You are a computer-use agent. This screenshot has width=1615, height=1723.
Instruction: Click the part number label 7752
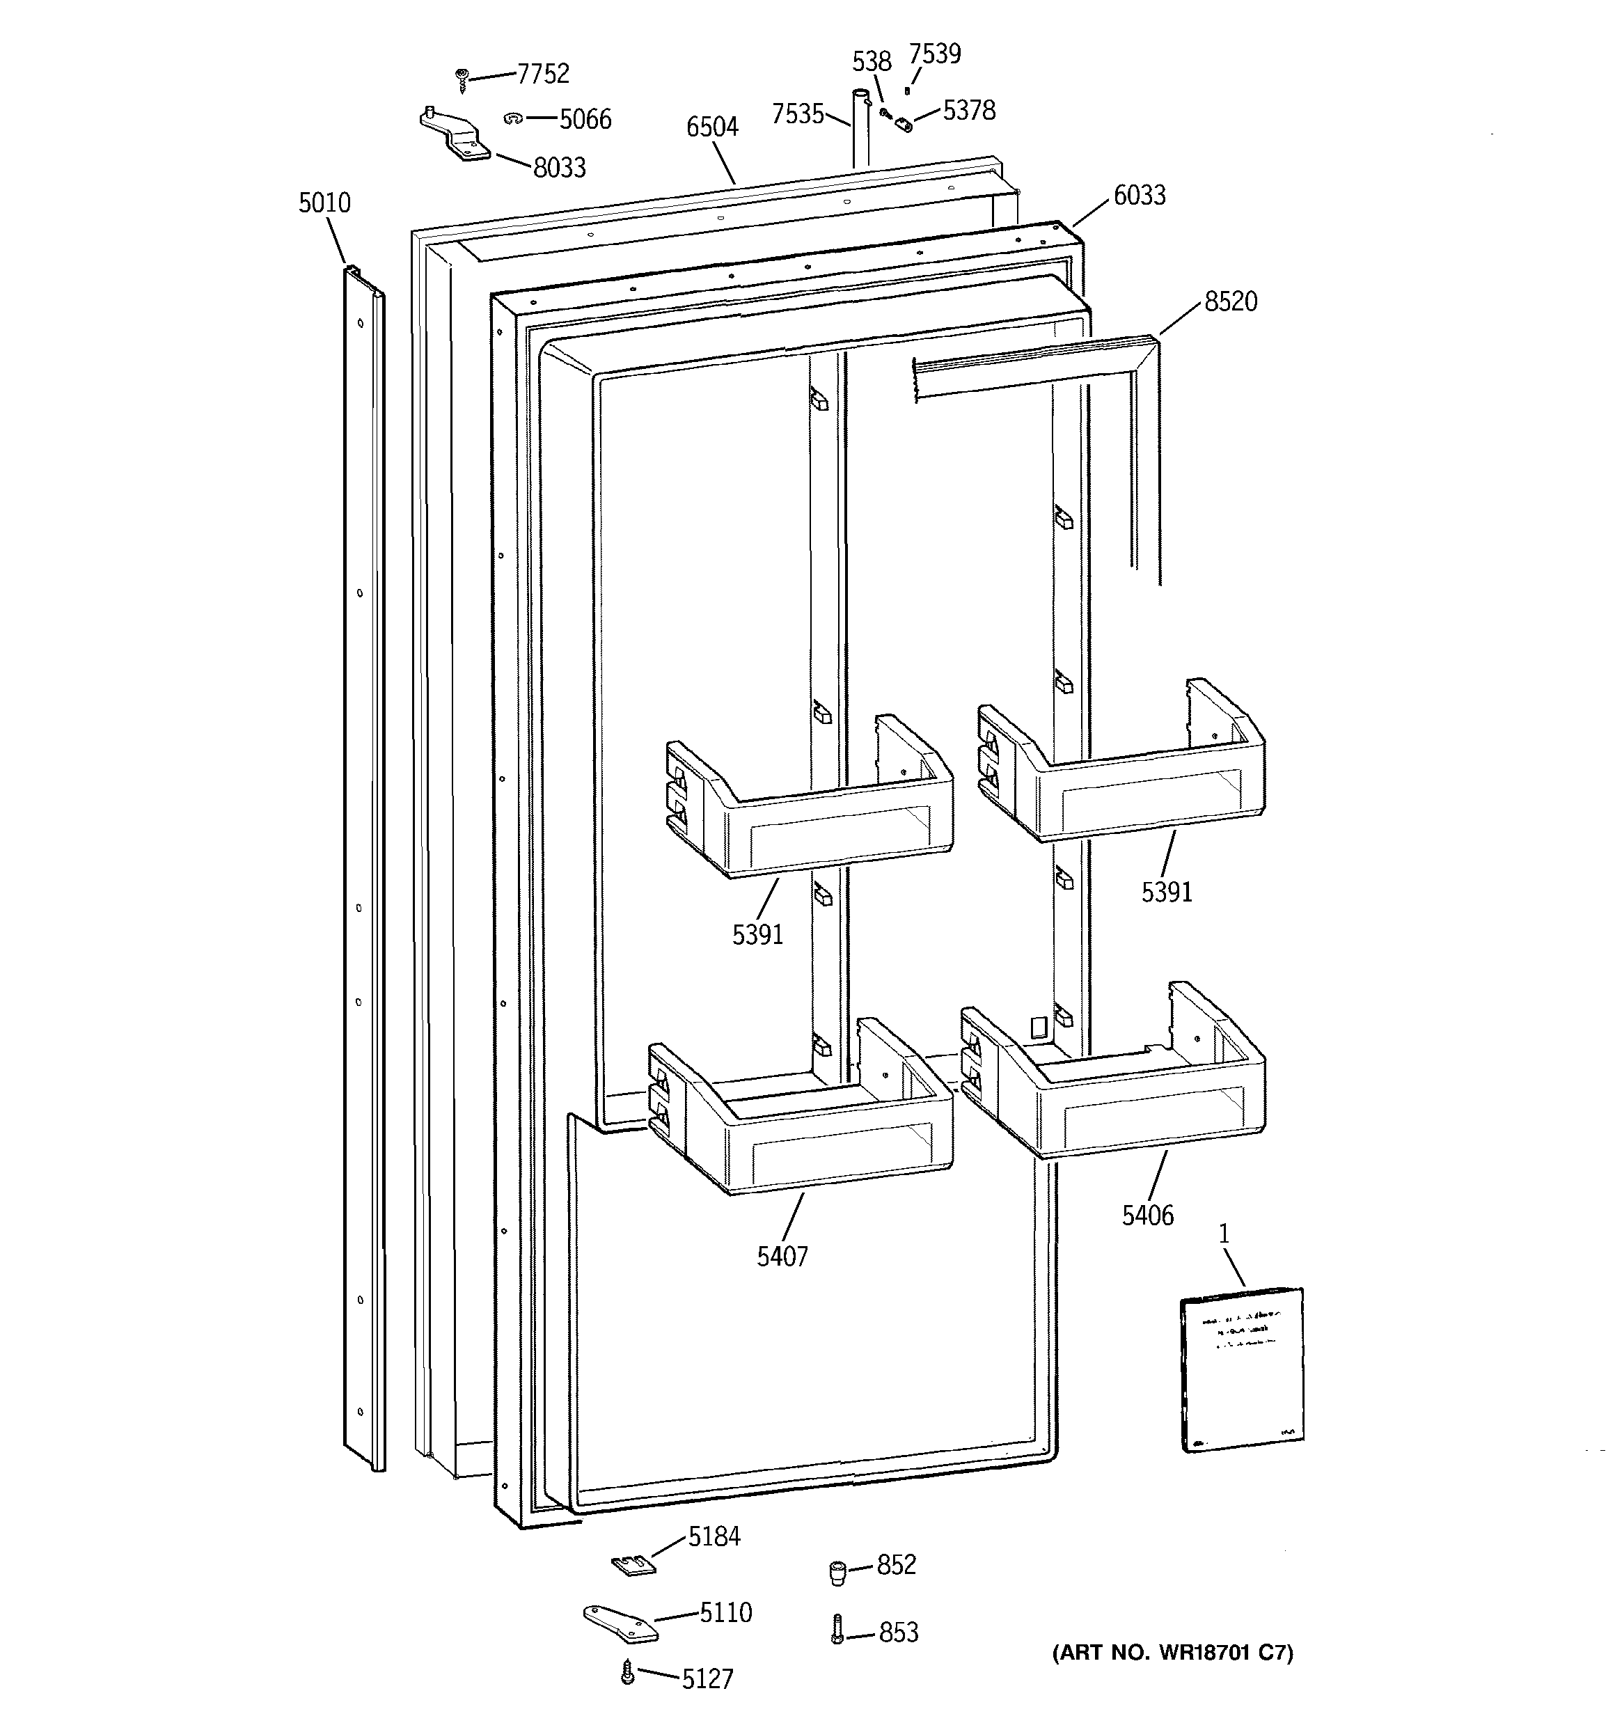point(543,74)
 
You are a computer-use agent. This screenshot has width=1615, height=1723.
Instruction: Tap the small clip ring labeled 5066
point(512,118)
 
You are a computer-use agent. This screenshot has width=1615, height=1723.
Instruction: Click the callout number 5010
point(324,203)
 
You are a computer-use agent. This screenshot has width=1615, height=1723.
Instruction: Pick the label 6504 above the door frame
point(711,127)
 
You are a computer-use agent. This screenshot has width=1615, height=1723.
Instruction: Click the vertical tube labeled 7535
point(859,130)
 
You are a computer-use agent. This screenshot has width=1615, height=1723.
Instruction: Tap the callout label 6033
point(1139,195)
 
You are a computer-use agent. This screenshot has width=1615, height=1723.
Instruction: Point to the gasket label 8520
point(1230,301)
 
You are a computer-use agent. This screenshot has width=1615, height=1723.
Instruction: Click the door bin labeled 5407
point(802,1118)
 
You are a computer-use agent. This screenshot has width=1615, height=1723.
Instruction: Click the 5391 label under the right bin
point(1166,892)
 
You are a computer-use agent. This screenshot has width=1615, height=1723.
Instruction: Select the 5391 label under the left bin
point(757,934)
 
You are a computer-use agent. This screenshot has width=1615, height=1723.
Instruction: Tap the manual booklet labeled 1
point(1243,1369)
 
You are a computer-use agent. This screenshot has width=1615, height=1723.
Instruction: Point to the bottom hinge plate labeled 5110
point(620,1623)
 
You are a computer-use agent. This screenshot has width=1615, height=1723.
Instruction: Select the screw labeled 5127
point(628,1674)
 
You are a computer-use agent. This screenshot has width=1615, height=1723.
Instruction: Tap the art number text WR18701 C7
point(1172,1653)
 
